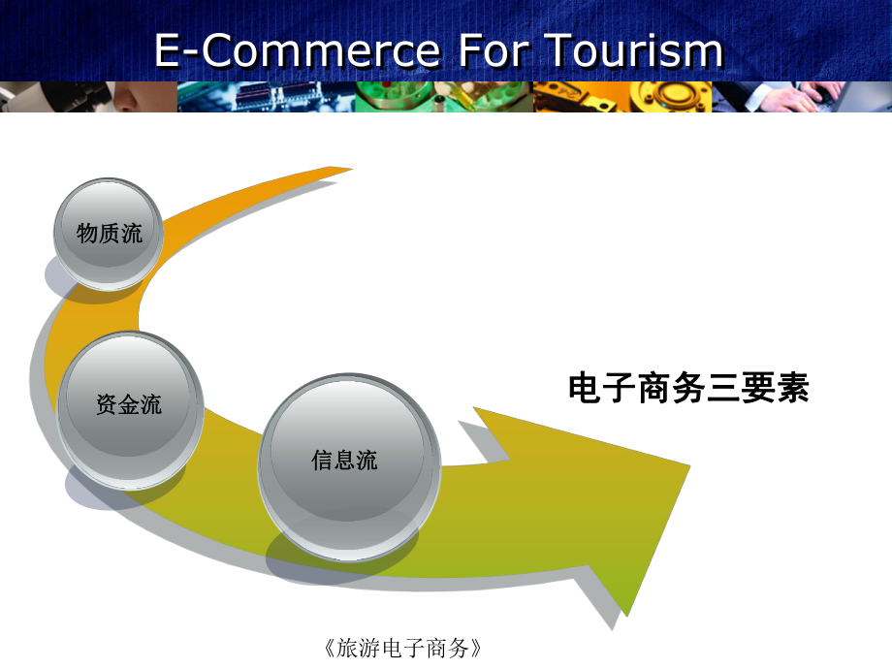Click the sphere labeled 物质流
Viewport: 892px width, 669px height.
pyautogui.click(x=110, y=233)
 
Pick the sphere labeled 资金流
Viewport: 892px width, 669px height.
pyautogui.click(x=130, y=404)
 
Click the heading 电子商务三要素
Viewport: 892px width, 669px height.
pyautogui.click(x=687, y=389)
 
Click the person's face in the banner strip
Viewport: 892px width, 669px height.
pyautogui.click(x=136, y=97)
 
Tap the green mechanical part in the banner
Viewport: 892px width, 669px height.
pyautogui.click(x=398, y=97)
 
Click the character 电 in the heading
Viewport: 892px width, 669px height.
pyautogui.click(x=584, y=389)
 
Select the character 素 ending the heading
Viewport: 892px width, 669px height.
pyautogui.click(x=792, y=389)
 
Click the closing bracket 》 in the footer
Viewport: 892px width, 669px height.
pyautogui.click(x=475, y=647)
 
